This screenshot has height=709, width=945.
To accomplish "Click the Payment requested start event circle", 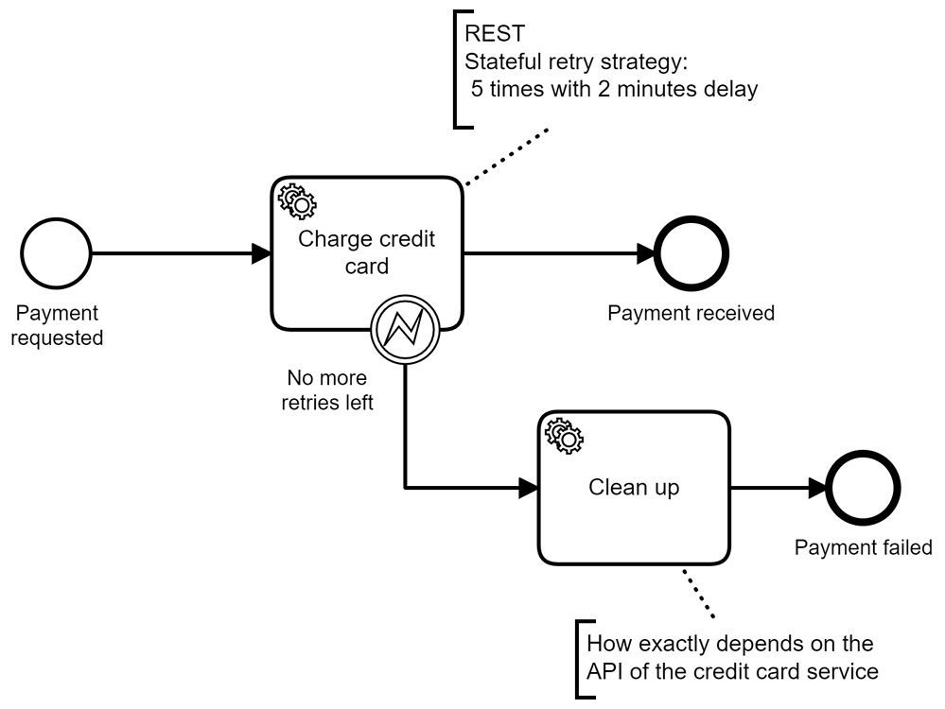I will pyautogui.click(x=56, y=253).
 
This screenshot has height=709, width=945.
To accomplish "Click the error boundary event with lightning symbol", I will pyautogui.click(x=405, y=327).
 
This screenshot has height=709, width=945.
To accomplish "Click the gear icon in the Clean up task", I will pyautogui.click(x=565, y=434).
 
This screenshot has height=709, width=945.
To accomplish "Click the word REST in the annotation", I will pyautogui.click(x=488, y=35).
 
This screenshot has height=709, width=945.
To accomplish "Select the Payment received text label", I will pyautogui.click(x=691, y=313).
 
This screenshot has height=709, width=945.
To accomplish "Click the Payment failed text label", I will pyautogui.click(x=863, y=547).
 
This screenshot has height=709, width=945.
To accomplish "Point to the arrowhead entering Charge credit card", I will pyautogui.click(x=261, y=253).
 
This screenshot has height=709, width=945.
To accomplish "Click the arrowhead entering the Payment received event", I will pyautogui.click(x=648, y=253).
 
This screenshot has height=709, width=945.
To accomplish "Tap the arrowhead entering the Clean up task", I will pyautogui.click(x=528, y=488).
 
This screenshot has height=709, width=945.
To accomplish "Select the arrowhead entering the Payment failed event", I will pyautogui.click(x=815, y=488).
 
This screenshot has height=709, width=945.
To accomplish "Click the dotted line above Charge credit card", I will pyautogui.click(x=506, y=155).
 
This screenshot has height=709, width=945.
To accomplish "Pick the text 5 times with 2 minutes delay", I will pyautogui.click(x=613, y=92).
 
